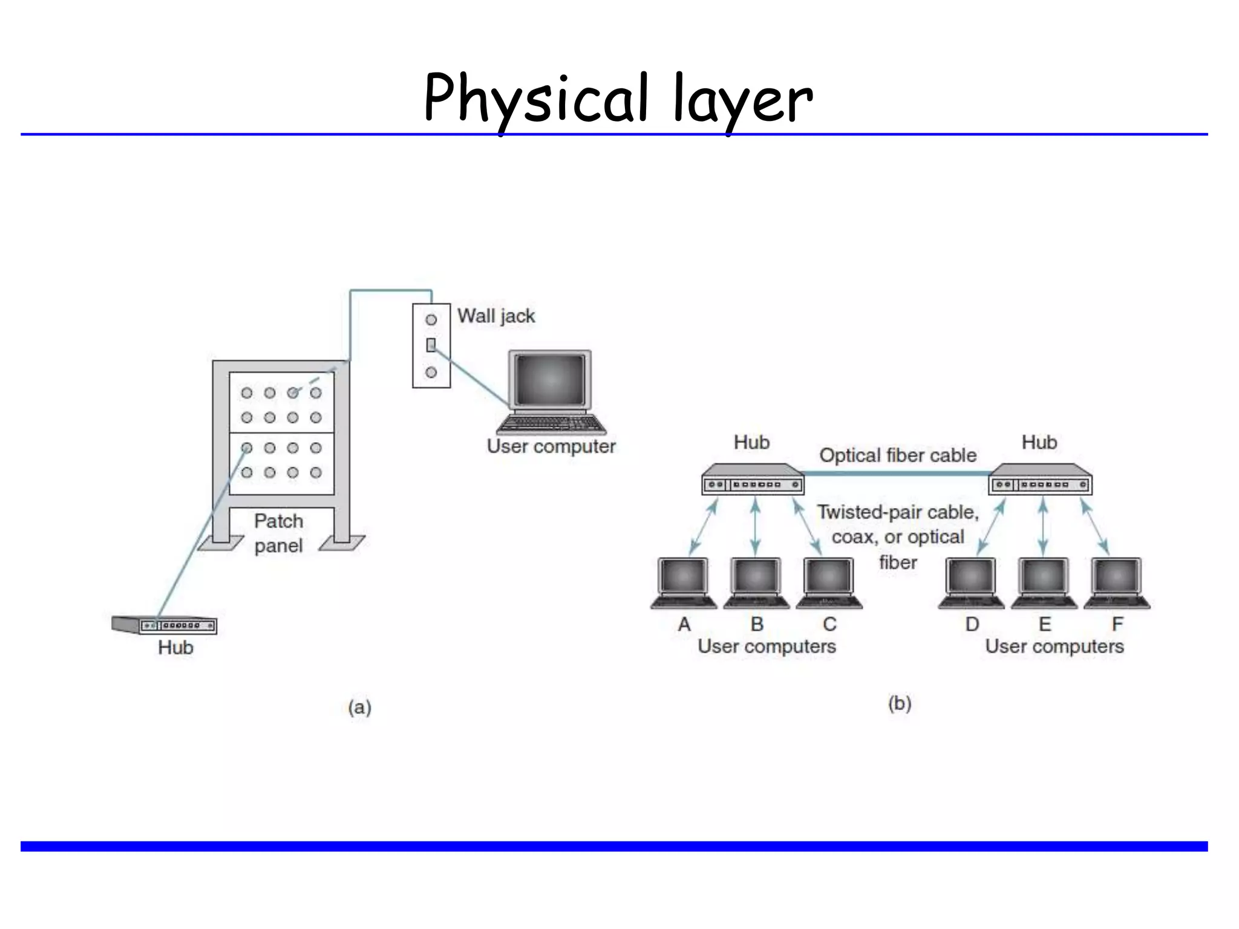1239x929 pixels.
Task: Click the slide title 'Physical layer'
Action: click(x=618, y=99)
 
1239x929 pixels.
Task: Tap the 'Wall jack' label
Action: click(x=496, y=316)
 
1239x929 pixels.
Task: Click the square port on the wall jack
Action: click(x=431, y=345)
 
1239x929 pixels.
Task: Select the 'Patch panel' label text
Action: click(x=278, y=533)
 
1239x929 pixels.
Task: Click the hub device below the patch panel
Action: click(x=165, y=624)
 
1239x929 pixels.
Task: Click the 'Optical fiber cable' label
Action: click(x=898, y=455)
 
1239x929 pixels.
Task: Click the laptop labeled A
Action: click(x=684, y=582)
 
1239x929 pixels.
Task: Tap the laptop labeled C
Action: click(x=829, y=582)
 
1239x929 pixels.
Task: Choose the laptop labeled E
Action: click(x=1044, y=582)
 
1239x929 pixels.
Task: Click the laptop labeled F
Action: click(x=1117, y=582)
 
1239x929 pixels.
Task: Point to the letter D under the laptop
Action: click(x=972, y=624)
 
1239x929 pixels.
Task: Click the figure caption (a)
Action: click(x=359, y=707)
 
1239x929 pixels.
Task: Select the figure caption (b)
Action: click(x=900, y=703)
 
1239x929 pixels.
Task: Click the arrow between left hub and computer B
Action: click(x=755, y=526)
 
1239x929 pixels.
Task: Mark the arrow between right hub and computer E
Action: click(x=1043, y=526)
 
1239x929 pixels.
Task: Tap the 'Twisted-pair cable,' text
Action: click(x=898, y=512)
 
